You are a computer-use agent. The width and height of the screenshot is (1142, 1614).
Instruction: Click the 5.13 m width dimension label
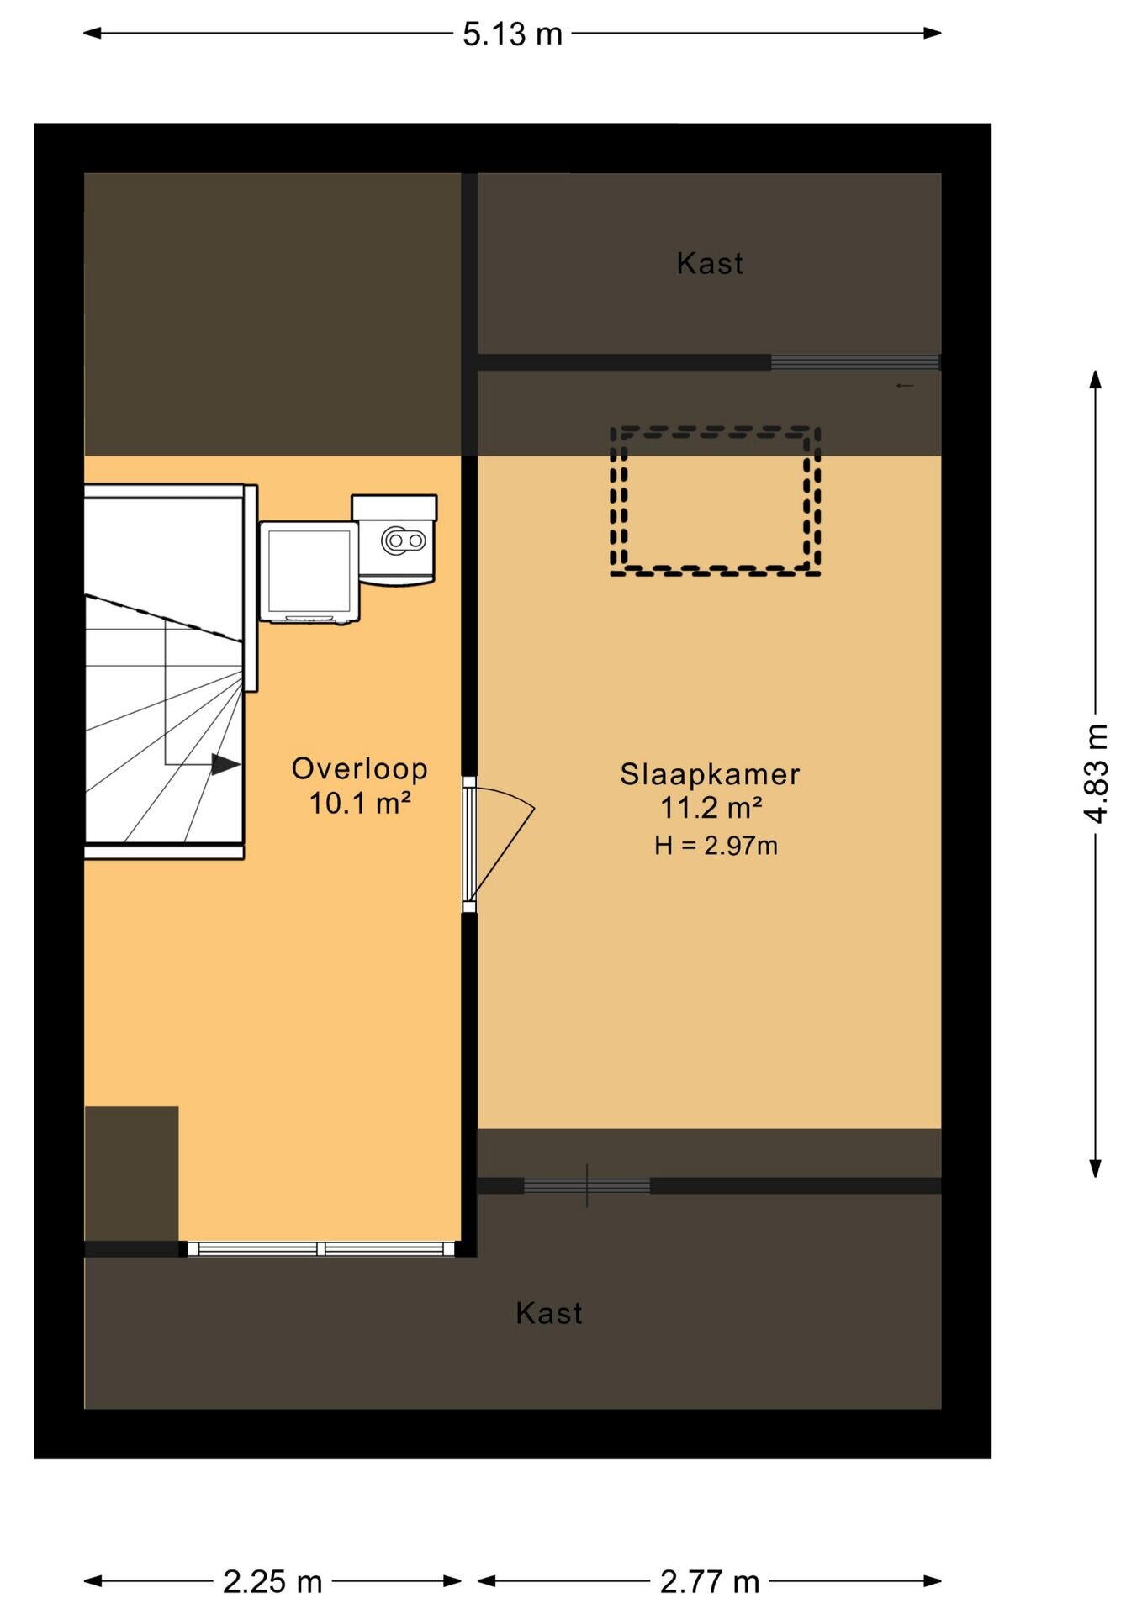512,34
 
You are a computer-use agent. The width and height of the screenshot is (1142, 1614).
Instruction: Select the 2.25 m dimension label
272,1581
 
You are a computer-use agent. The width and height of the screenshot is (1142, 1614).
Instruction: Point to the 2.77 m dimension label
710,1581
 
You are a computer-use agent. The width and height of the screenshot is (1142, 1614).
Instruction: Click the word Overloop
360,768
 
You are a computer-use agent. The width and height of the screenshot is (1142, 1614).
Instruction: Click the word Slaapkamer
710,774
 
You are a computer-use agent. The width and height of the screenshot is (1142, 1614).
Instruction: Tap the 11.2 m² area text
711,808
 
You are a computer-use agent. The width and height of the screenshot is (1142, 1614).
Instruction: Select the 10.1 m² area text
360,803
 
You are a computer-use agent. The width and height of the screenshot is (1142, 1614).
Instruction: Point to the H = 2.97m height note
716,845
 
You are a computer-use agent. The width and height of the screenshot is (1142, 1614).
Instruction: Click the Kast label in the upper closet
710,263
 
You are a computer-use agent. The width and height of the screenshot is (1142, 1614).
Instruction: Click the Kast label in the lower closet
548,1312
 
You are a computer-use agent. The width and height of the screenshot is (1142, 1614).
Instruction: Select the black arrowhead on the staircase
225,764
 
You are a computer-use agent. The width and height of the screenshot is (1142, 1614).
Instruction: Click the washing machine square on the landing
309,572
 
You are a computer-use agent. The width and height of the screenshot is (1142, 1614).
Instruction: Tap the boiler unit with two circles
394,539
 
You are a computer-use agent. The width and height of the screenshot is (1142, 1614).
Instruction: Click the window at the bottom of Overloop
321,1249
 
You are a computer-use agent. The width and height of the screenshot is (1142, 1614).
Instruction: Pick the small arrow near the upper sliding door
905,386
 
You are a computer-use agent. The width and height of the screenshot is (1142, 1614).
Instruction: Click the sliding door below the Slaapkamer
587,1185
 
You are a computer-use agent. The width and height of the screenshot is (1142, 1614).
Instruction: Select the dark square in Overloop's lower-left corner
131,1174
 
